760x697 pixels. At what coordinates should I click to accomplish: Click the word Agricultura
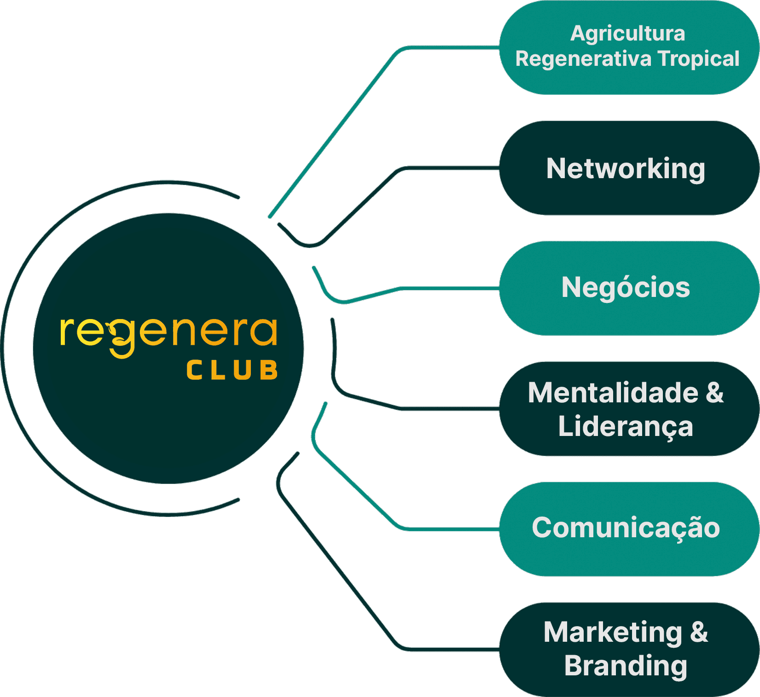pyautogui.click(x=628, y=34)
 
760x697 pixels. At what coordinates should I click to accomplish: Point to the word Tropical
pyautogui.click(x=698, y=59)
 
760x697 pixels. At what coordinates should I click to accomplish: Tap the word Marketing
pyautogui.click(x=613, y=633)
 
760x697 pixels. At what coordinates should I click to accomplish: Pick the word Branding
pyautogui.click(x=626, y=666)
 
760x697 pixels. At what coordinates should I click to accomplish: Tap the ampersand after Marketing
pyautogui.click(x=699, y=632)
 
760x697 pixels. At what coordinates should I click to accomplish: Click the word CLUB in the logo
pyautogui.click(x=232, y=370)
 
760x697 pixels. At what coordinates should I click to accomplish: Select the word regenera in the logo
pyautogui.click(x=168, y=332)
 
